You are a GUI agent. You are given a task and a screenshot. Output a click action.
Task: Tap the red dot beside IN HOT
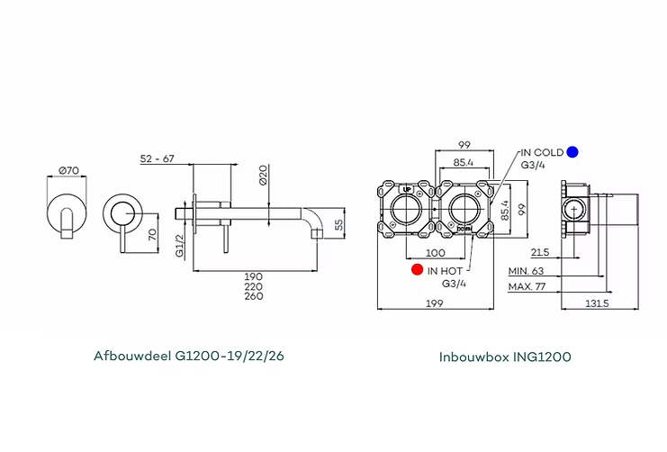point(416,269)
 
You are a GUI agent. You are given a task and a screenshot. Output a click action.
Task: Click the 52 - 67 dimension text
point(158,159)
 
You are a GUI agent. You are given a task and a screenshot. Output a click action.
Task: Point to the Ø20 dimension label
point(263,175)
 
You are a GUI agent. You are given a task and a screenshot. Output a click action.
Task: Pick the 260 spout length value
point(254,296)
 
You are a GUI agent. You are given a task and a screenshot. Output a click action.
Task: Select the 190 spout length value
point(254,276)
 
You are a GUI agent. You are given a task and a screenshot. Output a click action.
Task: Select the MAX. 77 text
point(528,286)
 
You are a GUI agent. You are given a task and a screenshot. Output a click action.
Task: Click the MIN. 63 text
point(527,270)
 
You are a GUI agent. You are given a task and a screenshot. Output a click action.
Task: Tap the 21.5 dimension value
point(540,253)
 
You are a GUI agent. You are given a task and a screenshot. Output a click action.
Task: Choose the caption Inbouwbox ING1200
point(505,357)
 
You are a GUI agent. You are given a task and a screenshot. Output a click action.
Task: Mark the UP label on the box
point(407,190)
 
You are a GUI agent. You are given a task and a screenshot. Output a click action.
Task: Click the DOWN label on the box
point(464,231)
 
